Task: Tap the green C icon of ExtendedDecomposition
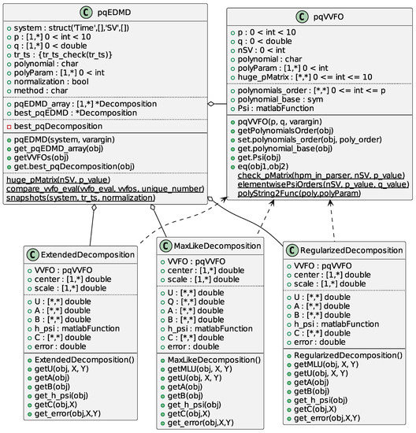32,255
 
